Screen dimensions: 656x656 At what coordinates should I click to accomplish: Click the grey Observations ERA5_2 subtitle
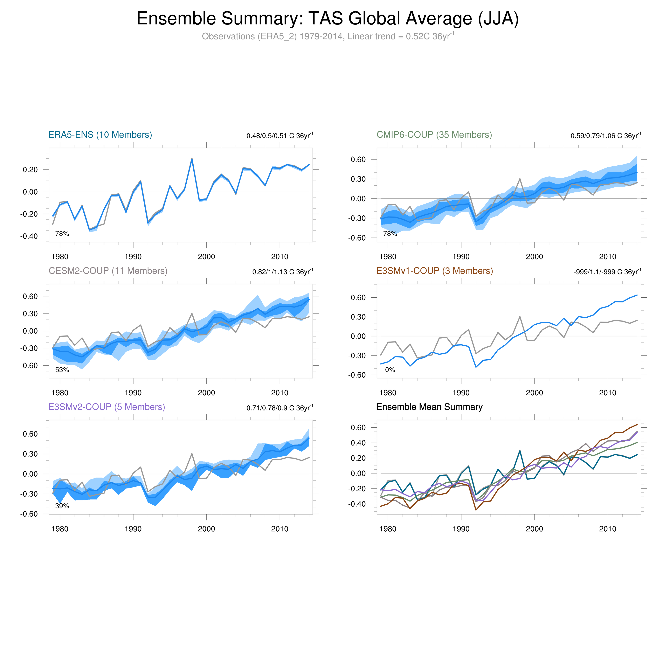point(328,36)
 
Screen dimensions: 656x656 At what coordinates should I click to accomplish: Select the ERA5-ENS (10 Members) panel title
point(100,135)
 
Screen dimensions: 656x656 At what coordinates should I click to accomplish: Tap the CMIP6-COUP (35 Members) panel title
point(434,135)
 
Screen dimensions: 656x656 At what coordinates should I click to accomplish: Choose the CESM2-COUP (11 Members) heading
point(108,271)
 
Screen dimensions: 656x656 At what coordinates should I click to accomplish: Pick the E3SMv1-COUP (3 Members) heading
point(435,271)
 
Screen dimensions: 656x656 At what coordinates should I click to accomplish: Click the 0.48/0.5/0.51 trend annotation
point(280,136)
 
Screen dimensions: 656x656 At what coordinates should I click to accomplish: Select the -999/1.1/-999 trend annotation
point(607,272)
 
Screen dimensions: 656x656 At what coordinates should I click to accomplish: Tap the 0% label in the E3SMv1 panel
point(390,370)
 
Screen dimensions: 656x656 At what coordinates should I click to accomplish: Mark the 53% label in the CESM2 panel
point(62,370)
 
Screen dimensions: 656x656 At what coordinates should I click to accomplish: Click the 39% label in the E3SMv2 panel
point(62,506)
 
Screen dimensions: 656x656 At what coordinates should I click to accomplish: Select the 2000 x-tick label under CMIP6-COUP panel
point(535,257)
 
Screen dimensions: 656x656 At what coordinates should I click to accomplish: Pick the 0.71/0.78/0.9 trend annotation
point(280,408)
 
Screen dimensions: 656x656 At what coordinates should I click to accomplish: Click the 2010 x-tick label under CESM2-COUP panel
point(280,393)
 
